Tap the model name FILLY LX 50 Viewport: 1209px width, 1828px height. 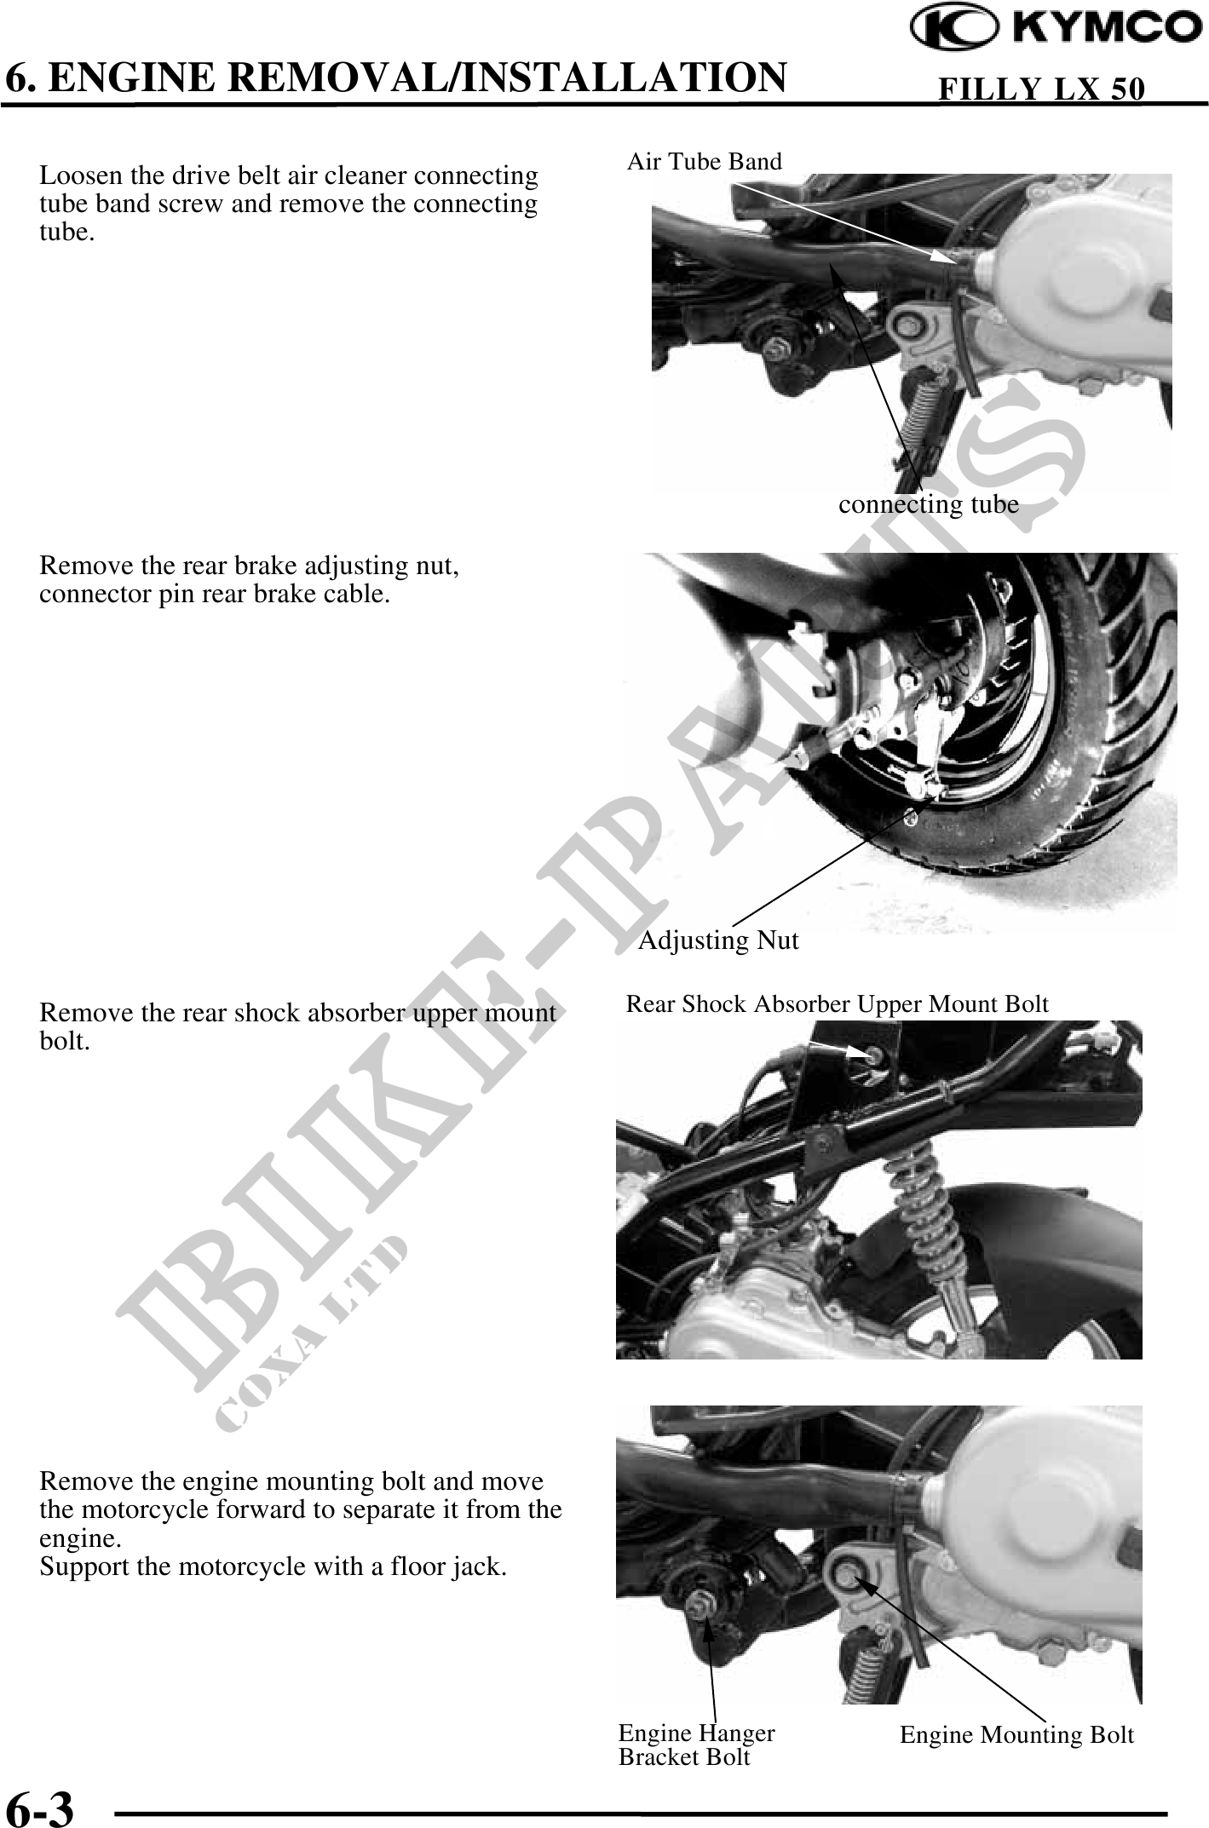tap(1040, 89)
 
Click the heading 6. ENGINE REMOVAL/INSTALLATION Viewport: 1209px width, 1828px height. tap(395, 77)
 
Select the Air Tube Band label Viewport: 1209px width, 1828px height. tap(704, 161)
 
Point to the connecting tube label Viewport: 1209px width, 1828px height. tap(929, 504)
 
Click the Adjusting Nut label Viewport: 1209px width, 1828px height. tap(719, 940)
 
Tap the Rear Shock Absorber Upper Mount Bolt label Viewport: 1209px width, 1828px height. tap(838, 1004)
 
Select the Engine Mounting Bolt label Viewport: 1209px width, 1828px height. tap(1017, 1735)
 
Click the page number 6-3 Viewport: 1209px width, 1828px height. tap(40, 1807)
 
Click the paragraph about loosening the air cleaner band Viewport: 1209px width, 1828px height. tap(289, 204)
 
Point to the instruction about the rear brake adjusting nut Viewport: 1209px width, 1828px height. tap(250, 579)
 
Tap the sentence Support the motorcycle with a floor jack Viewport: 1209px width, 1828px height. tap(273, 1566)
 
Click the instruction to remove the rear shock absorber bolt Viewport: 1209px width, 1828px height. tap(297, 1026)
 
